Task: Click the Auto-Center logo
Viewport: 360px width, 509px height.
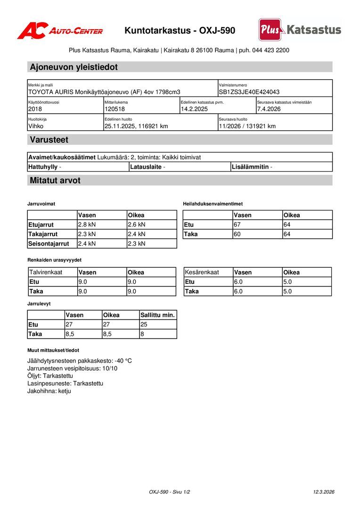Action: pos(60,31)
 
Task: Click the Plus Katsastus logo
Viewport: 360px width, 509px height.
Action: pos(300,30)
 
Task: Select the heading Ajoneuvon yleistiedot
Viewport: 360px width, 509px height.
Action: pos(74,67)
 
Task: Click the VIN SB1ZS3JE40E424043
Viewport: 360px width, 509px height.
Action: pos(249,92)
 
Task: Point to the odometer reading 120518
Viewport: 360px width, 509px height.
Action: pos(115,109)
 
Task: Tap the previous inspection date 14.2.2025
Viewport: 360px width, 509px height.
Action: pos(194,109)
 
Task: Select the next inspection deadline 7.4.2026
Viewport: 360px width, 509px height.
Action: pos(269,109)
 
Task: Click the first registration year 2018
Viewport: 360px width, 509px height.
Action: pos(35,109)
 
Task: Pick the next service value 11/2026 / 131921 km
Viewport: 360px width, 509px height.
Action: pos(247,126)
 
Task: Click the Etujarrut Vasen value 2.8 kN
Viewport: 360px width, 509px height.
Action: pos(87,225)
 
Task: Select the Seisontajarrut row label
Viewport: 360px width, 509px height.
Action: pos(49,244)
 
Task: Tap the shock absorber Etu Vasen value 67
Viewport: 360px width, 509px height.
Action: pos(237,225)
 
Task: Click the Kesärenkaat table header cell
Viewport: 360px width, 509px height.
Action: pos(202,272)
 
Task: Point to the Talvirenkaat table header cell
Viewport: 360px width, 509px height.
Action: pos(46,272)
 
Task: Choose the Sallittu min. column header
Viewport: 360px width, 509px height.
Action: pos(157,315)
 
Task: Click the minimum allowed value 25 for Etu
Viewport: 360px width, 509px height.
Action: pos(144,325)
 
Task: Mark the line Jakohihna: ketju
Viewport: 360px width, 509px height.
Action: pos(49,391)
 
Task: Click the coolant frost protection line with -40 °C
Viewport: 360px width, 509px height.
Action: pos(80,361)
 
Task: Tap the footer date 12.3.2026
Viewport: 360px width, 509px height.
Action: pos(323,492)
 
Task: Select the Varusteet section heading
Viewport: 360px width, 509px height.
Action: pos(49,140)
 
